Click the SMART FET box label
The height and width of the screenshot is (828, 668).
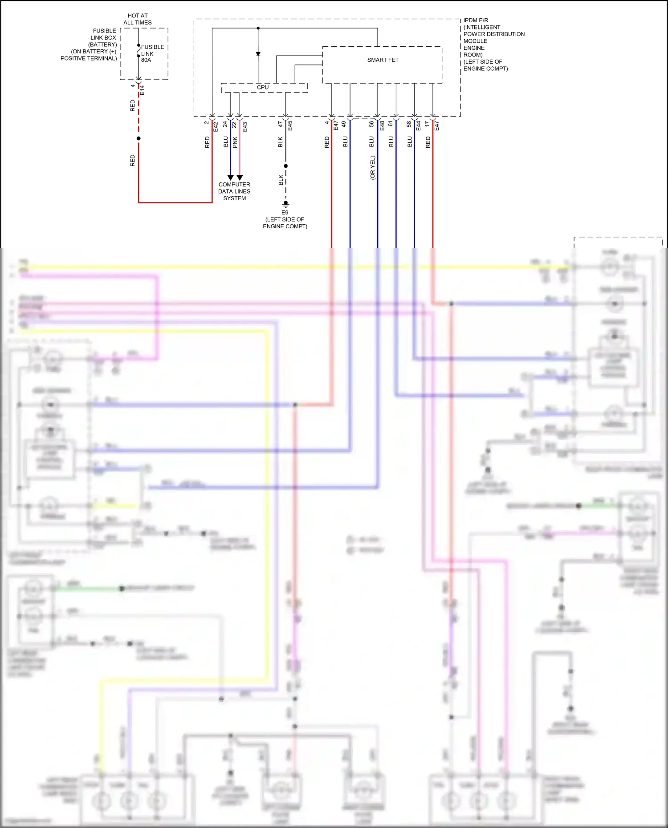tap(383, 60)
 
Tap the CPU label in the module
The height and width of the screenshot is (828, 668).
tap(263, 87)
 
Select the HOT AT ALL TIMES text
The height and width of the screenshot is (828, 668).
tap(138, 19)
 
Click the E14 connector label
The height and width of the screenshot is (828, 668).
tap(143, 90)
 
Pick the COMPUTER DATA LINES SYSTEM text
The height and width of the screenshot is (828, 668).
tap(234, 191)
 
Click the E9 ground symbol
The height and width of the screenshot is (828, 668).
tap(285, 204)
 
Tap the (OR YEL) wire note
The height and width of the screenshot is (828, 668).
tap(373, 168)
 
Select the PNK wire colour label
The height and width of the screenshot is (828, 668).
tap(235, 142)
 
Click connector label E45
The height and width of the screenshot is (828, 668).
tap(290, 126)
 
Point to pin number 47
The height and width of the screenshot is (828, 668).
tap(281, 125)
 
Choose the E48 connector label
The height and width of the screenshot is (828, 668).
tap(382, 126)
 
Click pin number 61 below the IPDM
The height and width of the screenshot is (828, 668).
tap(391, 124)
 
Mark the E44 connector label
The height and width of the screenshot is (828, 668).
tap(419, 126)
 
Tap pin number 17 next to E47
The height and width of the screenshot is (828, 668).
tap(427, 124)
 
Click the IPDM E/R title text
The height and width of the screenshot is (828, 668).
tap(476, 20)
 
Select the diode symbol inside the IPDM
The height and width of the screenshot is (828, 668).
tap(258, 54)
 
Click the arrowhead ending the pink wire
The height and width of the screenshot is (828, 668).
tap(240, 178)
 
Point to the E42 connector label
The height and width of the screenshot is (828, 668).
tap(216, 127)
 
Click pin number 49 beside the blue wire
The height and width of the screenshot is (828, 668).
tap(344, 125)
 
